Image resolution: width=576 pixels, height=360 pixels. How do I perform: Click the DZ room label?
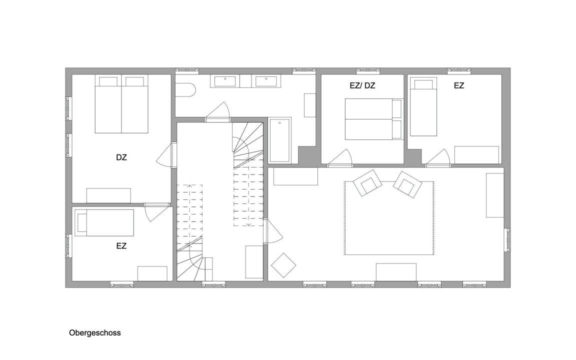pos(121,157)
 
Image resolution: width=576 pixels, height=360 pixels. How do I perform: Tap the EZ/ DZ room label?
pos(362,85)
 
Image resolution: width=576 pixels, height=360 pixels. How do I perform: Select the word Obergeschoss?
pos(95,333)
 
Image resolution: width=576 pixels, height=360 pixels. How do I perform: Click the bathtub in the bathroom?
pos(280,140)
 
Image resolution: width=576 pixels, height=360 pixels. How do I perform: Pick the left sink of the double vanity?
pos(225,81)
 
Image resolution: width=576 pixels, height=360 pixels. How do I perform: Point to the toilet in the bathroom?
pos(185,90)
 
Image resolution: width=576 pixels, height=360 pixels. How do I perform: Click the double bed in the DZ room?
pos(121,104)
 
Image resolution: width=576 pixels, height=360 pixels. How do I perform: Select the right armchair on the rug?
pos(407,183)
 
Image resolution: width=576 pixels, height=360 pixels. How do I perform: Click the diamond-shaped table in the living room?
pos(283,265)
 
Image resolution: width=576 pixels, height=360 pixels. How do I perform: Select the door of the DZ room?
pos(164,155)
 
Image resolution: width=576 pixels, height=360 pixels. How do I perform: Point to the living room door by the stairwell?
pos(272,231)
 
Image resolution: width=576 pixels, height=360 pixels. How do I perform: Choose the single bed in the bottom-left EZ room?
pos(104,222)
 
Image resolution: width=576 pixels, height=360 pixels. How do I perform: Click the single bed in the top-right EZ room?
pos(423,106)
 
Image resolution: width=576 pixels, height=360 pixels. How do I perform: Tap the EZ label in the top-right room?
pos(459,85)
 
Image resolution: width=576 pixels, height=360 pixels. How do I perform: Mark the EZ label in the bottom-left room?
pos(121,246)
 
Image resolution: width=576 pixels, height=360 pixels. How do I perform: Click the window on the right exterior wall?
pos(507,240)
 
